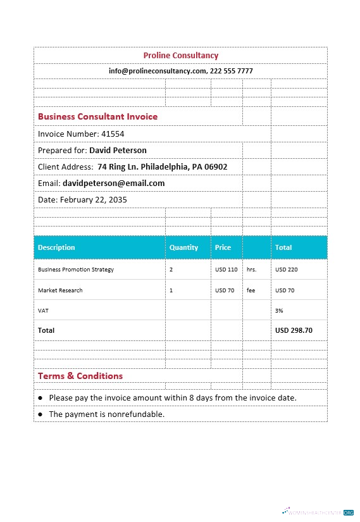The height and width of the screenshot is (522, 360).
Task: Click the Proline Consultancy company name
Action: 180,56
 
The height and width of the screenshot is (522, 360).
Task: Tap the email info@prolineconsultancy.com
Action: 158,71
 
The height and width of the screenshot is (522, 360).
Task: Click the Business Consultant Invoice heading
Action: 97,117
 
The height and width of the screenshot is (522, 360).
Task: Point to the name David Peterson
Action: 118,151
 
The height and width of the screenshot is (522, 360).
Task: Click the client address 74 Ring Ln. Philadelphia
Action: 162,167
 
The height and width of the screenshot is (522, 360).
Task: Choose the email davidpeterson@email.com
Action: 113,183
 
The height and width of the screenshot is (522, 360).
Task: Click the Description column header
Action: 56,247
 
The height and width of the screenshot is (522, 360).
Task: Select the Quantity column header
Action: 183,247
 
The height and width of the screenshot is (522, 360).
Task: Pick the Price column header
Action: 223,247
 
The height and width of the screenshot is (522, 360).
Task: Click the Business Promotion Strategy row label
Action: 76,270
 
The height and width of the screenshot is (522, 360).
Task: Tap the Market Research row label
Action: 60,290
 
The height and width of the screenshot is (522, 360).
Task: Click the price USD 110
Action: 226,270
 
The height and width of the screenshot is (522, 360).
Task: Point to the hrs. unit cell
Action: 251,270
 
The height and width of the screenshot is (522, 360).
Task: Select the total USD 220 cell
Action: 286,270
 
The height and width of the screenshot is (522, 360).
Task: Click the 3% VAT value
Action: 279,311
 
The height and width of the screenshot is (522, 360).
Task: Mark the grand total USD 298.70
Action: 294,330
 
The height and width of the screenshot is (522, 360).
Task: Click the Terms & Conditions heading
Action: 80,376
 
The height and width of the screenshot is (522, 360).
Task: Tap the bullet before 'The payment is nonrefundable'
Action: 40,414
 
